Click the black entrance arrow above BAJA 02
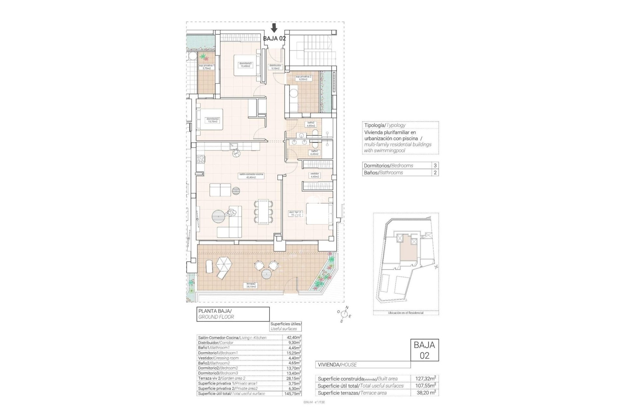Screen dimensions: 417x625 pyautogui.click(x=274, y=28)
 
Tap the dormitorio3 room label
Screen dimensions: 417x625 pyautogui.click(x=245, y=65)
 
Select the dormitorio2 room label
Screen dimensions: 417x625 pyautogui.click(x=213, y=120)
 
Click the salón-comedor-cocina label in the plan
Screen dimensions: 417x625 pyautogui.click(x=251, y=176)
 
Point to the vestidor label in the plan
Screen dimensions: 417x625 pyautogui.click(x=314, y=175)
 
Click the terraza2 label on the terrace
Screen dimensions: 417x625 pyautogui.click(x=251, y=285)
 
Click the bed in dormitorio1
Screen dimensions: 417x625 pyautogui.click(x=319, y=214)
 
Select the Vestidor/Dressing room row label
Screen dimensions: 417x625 pyautogui.click(x=218, y=358)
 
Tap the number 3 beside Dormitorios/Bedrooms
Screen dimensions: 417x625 pyautogui.click(x=435, y=165)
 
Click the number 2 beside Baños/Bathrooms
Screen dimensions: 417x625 pyautogui.click(x=435, y=173)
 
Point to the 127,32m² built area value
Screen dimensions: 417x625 pyautogui.click(x=425, y=379)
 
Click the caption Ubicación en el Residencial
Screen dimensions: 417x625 pyautogui.click(x=406, y=313)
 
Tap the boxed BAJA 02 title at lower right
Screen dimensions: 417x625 pyautogui.click(x=424, y=350)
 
